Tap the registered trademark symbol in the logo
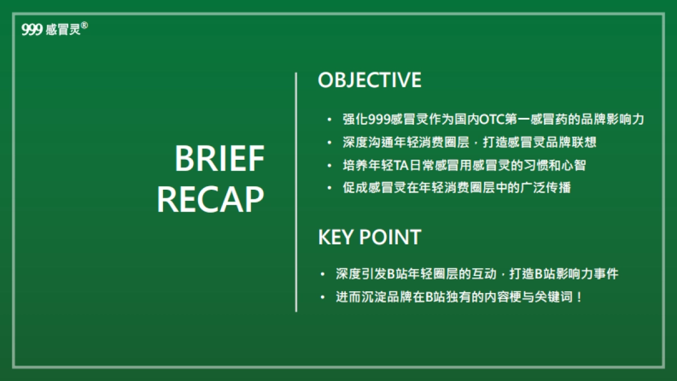coord(85,25)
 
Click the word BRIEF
coord(219,159)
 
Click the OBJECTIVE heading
coord(370,80)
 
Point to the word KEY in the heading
coord(338,237)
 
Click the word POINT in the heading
coord(393,237)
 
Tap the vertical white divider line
coord(296,192)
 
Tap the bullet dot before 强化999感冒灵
coord(329,120)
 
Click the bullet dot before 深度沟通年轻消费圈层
coord(329,142)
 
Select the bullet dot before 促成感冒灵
coord(329,187)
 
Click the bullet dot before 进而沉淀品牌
coord(322,297)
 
